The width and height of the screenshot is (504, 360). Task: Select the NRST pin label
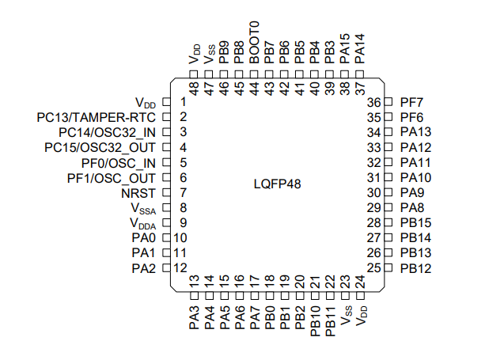click(x=138, y=193)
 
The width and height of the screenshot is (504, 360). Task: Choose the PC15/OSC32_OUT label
click(x=100, y=147)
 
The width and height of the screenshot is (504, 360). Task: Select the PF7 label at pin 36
click(x=411, y=102)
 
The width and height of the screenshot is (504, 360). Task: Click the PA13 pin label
click(x=415, y=132)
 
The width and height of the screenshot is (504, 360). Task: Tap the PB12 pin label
click(x=415, y=268)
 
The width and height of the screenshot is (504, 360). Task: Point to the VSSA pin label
click(x=143, y=208)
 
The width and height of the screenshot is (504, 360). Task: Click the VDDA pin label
click(x=142, y=224)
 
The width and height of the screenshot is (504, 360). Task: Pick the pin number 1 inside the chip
click(x=183, y=102)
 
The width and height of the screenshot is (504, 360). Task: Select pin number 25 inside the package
click(x=375, y=268)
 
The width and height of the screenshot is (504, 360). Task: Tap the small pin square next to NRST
click(x=166, y=193)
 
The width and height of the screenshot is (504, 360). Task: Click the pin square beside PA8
click(x=388, y=208)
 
